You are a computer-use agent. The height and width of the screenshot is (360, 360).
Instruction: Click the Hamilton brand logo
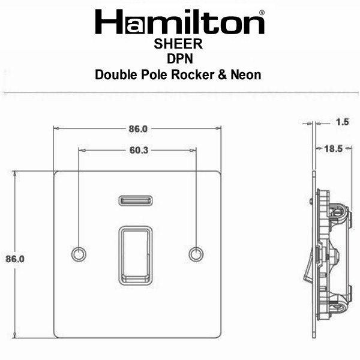(180, 22)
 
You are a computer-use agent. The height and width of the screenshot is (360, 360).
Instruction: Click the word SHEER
(178, 44)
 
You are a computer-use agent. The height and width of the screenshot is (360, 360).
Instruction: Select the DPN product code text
(180, 59)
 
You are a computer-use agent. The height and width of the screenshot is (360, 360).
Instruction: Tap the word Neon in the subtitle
(246, 75)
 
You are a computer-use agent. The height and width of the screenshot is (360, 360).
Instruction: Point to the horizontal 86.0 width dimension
(138, 129)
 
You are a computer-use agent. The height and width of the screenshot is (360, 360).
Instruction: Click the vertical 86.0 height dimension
(15, 259)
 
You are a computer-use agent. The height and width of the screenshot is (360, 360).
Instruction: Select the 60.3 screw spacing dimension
(139, 151)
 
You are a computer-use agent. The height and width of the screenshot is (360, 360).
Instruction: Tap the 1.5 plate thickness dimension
(343, 122)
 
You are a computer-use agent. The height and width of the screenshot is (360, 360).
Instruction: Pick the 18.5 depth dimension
(334, 149)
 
